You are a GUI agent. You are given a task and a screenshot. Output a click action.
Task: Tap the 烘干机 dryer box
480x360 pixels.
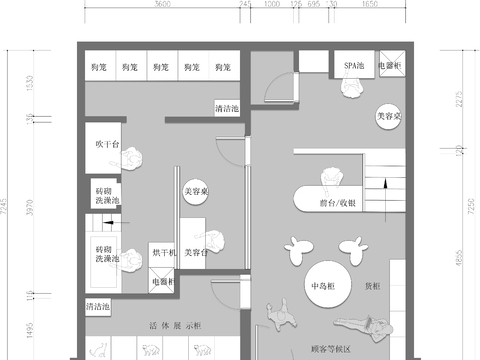(163, 253)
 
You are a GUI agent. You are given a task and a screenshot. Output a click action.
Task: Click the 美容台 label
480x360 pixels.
(197, 254)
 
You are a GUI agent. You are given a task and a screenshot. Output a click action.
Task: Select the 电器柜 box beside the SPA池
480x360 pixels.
(389, 67)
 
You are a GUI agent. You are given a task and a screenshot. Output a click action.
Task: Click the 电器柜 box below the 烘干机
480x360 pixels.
(162, 282)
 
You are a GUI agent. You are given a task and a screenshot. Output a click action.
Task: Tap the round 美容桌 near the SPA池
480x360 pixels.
(387, 116)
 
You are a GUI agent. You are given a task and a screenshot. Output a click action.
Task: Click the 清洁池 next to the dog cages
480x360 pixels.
(228, 106)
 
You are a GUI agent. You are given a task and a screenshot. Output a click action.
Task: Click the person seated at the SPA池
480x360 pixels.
(352, 90)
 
